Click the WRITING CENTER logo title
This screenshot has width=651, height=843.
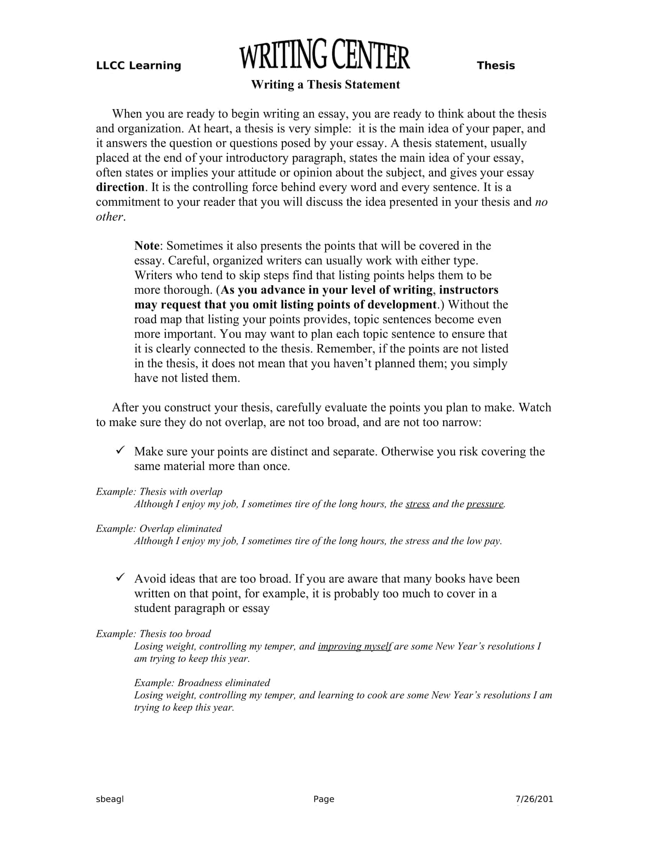click(x=324, y=56)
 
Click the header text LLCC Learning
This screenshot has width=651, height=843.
click(x=139, y=66)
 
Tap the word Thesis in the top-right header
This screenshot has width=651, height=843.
click(x=496, y=66)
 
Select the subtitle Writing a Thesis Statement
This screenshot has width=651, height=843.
click(x=325, y=85)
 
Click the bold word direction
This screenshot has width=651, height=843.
click(x=120, y=187)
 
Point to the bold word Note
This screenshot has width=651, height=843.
click(x=147, y=246)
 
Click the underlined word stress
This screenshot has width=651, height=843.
click(x=417, y=504)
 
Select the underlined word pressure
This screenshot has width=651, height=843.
click(x=485, y=504)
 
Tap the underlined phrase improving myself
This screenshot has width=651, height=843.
click(x=355, y=646)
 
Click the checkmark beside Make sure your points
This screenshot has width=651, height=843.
click(x=120, y=450)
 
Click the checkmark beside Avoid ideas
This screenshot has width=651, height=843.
click(x=120, y=577)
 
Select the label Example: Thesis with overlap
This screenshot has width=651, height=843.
click(x=159, y=492)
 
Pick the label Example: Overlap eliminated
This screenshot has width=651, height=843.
click(x=159, y=528)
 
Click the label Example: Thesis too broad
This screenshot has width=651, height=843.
click(x=153, y=634)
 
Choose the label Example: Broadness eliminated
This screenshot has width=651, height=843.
click(x=202, y=683)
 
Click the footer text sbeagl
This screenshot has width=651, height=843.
click(x=110, y=799)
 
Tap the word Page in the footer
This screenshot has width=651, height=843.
click(x=324, y=799)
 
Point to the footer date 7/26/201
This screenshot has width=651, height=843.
click(x=534, y=799)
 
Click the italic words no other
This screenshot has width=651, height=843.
click(x=541, y=202)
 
